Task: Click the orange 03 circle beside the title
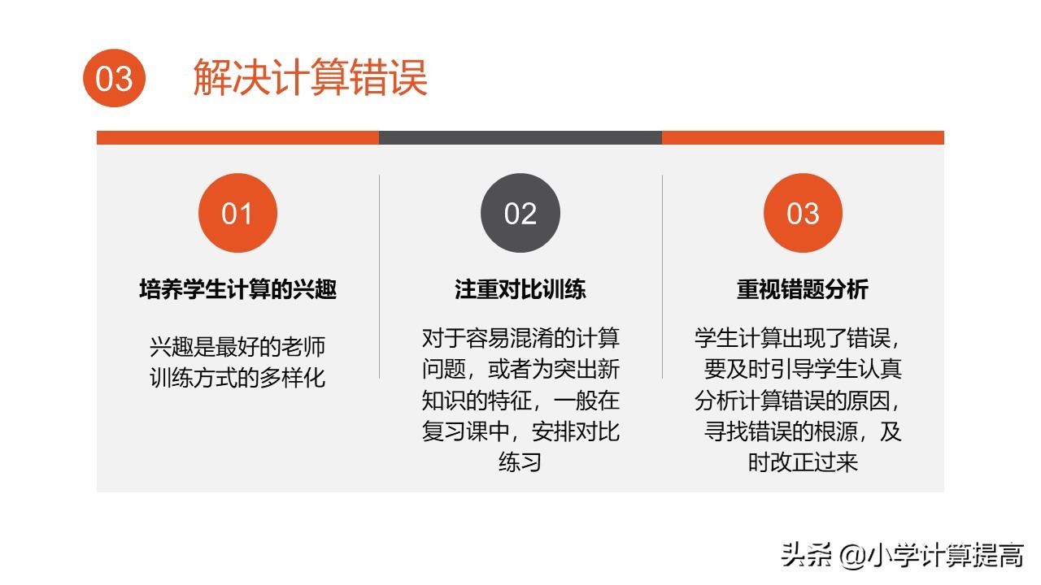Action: click(114, 78)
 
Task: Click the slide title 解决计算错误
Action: click(310, 78)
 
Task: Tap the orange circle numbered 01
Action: click(237, 213)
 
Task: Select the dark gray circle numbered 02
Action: click(520, 213)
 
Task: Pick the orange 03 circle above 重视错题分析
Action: click(803, 213)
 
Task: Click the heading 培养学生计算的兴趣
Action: click(237, 290)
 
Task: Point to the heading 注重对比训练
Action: click(520, 290)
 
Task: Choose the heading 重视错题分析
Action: click(803, 290)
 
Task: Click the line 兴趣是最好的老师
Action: click(237, 347)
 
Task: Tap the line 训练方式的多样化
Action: click(237, 378)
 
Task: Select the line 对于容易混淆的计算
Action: click(520, 338)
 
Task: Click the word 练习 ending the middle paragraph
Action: click(520, 462)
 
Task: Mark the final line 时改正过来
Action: click(803, 462)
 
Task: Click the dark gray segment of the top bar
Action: click(520, 137)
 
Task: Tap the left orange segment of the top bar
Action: click(237, 137)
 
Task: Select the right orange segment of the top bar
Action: click(803, 137)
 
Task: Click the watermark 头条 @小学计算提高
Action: click(902, 556)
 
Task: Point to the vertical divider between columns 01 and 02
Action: click(380, 276)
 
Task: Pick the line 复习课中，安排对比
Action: click(520, 431)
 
